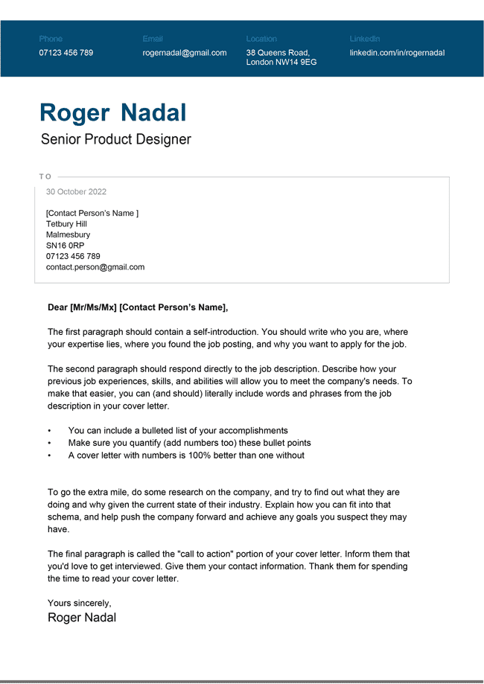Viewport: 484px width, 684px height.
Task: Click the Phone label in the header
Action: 51,39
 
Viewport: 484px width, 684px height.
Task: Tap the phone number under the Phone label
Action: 66,53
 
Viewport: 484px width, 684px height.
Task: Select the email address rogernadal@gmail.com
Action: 185,53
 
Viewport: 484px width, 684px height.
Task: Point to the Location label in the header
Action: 261,39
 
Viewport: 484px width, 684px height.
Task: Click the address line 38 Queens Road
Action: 278,53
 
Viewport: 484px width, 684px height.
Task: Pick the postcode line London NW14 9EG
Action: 281,63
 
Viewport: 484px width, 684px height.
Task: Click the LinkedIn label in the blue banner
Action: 365,39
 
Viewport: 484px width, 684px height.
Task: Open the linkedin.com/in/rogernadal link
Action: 397,53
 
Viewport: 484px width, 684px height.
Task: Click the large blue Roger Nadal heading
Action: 113,112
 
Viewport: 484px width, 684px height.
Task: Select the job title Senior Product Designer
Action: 116,139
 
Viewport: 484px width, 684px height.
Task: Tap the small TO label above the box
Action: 45,176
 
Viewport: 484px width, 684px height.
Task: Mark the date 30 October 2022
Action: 76,192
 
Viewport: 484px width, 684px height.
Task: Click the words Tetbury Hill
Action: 66,224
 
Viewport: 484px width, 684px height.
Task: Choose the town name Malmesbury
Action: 68,234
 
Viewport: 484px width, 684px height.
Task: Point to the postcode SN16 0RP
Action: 65,246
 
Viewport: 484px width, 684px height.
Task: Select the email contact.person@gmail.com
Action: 95,266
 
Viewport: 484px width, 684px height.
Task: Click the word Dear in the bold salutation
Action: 57,307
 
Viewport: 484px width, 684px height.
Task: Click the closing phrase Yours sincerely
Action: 79,603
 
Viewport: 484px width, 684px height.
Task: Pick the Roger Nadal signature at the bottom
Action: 82,618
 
